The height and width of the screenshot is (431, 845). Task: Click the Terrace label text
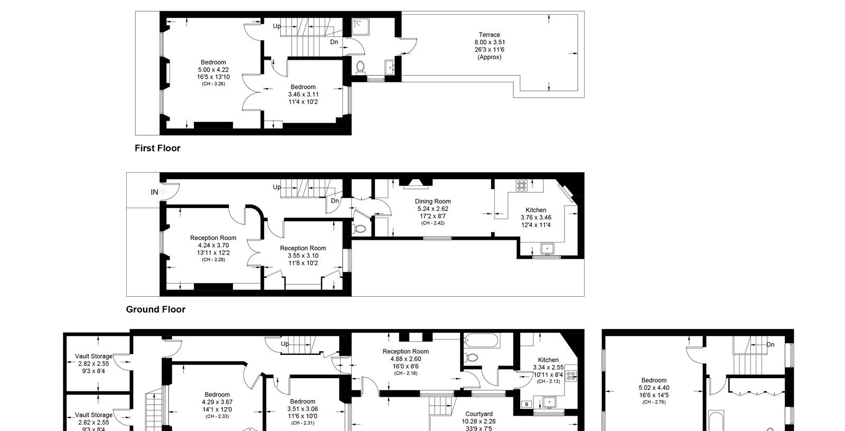tap(490, 35)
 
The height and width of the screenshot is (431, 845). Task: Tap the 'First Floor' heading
tap(157, 148)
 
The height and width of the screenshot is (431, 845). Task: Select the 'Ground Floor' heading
tap(155, 310)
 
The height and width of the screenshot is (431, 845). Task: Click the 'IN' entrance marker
tap(154, 192)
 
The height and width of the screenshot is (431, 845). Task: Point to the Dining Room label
tap(433, 202)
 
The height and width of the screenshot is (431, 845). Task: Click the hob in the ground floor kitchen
tap(522, 185)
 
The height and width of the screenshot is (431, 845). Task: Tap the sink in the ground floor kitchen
tap(547, 249)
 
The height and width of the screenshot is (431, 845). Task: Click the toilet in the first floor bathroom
tap(360, 68)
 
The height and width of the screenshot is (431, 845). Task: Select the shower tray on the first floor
tap(361, 27)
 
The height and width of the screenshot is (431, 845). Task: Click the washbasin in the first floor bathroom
tap(390, 68)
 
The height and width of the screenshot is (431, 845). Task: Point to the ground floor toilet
tap(360, 229)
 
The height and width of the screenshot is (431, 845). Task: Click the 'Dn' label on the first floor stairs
tap(334, 42)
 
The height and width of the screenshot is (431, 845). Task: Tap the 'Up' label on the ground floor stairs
tap(277, 187)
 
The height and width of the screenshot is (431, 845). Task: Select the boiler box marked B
tap(527, 404)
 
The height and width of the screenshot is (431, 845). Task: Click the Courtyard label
tap(478, 414)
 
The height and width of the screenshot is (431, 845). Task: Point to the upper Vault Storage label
tap(93, 357)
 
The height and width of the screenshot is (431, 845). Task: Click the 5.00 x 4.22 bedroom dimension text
tap(213, 70)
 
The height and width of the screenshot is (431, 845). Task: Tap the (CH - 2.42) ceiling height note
tap(433, 223)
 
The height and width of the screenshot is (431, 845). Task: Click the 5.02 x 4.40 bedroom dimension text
tap(654, 388)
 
